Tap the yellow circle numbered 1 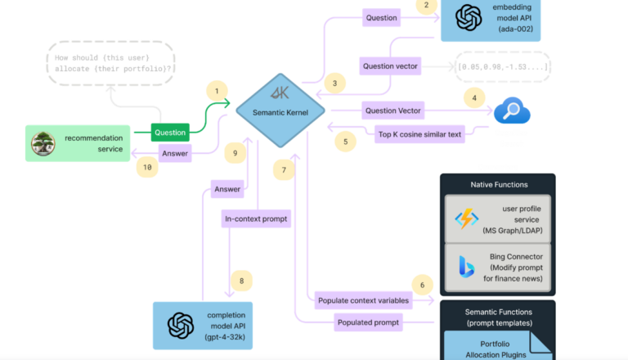tap(216, 91)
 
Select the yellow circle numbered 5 tap(345, 141)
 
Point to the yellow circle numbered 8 tap(241, 281)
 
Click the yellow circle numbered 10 tap(147, 167)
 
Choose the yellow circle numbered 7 tap(284, 171)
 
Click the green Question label tap(170, 132)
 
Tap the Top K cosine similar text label tap(420, 133)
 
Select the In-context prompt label tap(257, 219)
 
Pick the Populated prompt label tap(368, 323)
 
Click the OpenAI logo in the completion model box tap(180, 325)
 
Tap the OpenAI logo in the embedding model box tap(469, 17)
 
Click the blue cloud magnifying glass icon tap(512, 110)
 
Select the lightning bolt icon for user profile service tap(466, 218)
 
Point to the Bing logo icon tap(466, 267)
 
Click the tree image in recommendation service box tap(43, 144)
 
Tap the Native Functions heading tap(498, 185)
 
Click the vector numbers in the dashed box tap(502, 66)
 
